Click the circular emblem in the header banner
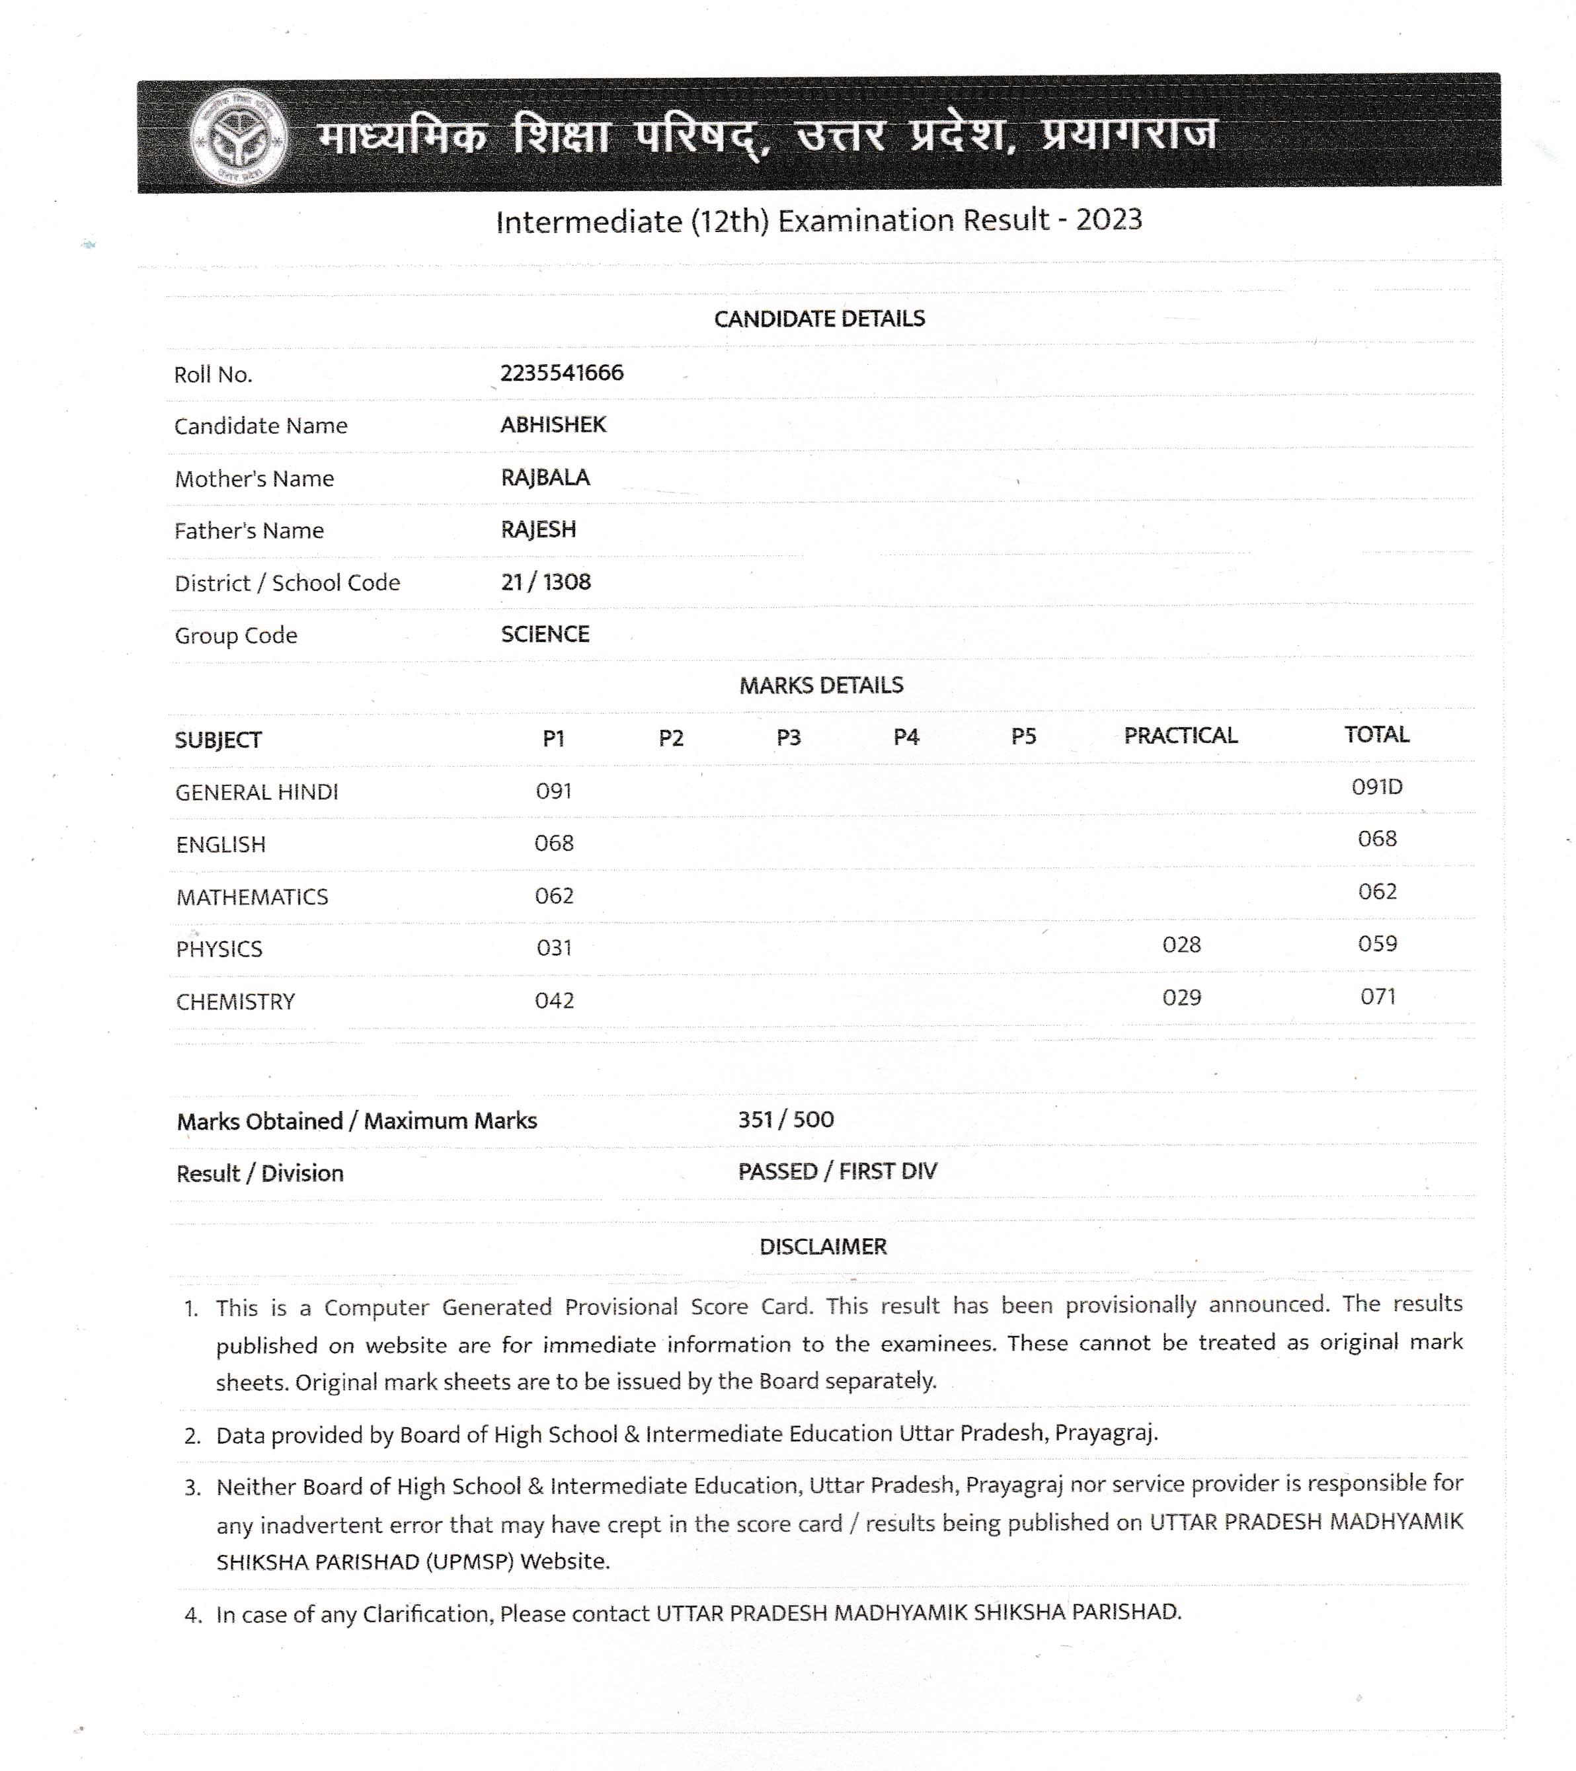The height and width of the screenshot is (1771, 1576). (239, 137)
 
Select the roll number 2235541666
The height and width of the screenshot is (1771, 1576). (561, 373)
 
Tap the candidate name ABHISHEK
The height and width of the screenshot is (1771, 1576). (553, 424)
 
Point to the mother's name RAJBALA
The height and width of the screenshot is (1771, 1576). (545, 477)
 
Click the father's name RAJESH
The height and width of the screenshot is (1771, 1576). (538, 530)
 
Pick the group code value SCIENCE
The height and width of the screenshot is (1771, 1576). (545, 634)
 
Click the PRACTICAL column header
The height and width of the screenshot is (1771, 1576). (1180, 736)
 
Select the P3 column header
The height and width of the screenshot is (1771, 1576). (789, 737)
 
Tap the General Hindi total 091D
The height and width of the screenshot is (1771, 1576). (1377, 787)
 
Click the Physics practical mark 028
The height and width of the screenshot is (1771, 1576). (1181, 945)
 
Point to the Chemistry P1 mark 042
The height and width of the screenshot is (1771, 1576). (553, 1001)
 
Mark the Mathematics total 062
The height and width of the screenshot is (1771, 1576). (1377, 892)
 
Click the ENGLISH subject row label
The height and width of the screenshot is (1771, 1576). (221, 845)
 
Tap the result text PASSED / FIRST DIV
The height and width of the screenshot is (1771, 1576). (837, 1171)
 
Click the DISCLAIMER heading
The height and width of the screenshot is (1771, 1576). (822, 1247)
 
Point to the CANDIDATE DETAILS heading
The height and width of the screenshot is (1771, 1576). (819, 319)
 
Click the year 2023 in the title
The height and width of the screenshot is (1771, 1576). (1109, 220)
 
